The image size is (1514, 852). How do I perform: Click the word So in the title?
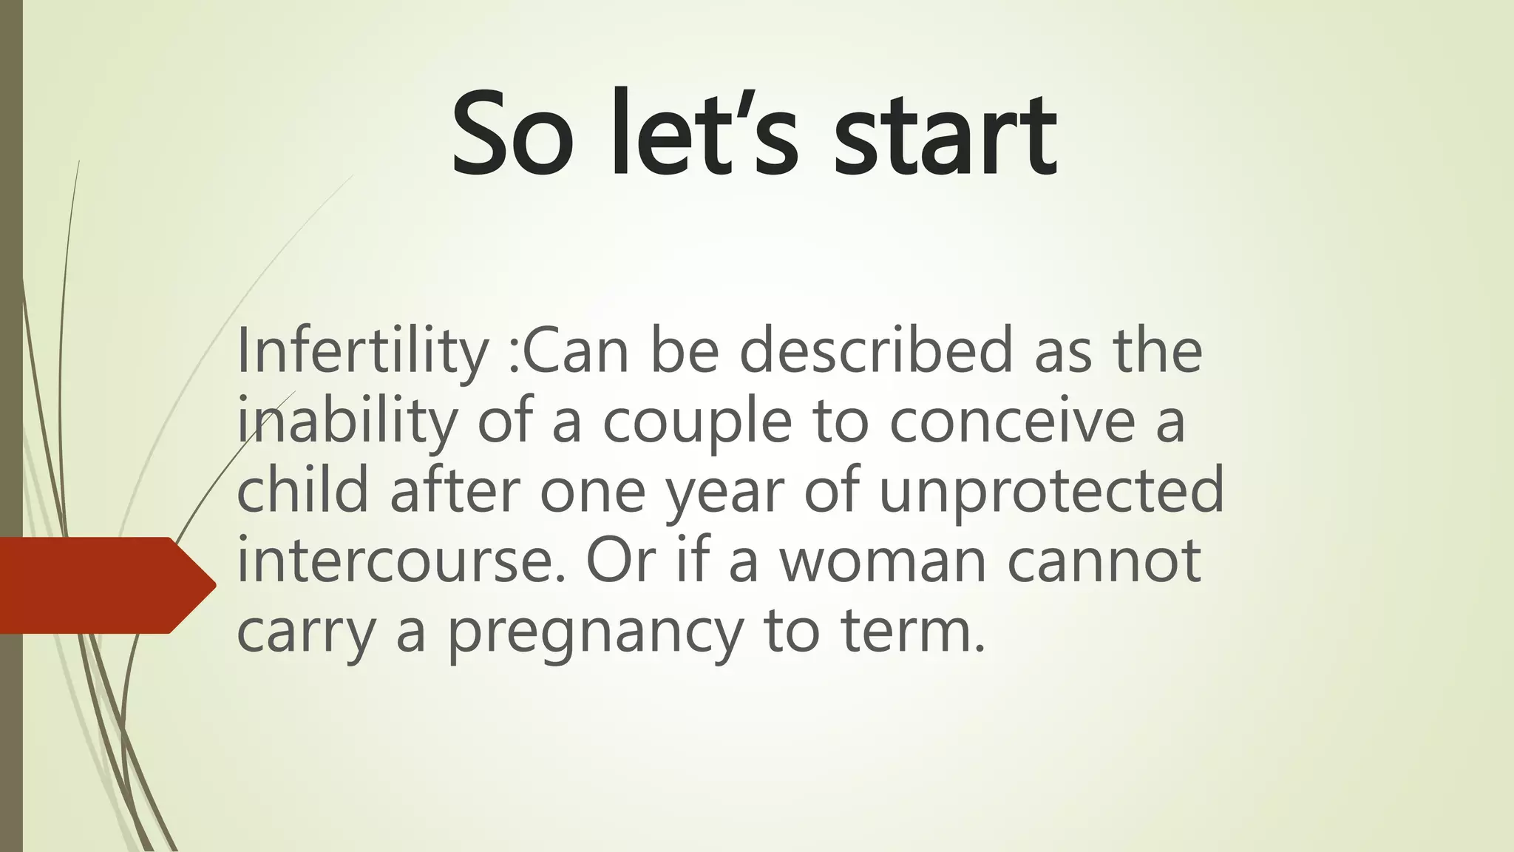512,135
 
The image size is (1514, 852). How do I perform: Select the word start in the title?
946,136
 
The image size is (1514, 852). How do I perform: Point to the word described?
876,351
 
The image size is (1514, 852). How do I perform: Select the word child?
302,490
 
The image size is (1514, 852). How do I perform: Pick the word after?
455,490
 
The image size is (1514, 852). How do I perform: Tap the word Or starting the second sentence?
620,560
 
